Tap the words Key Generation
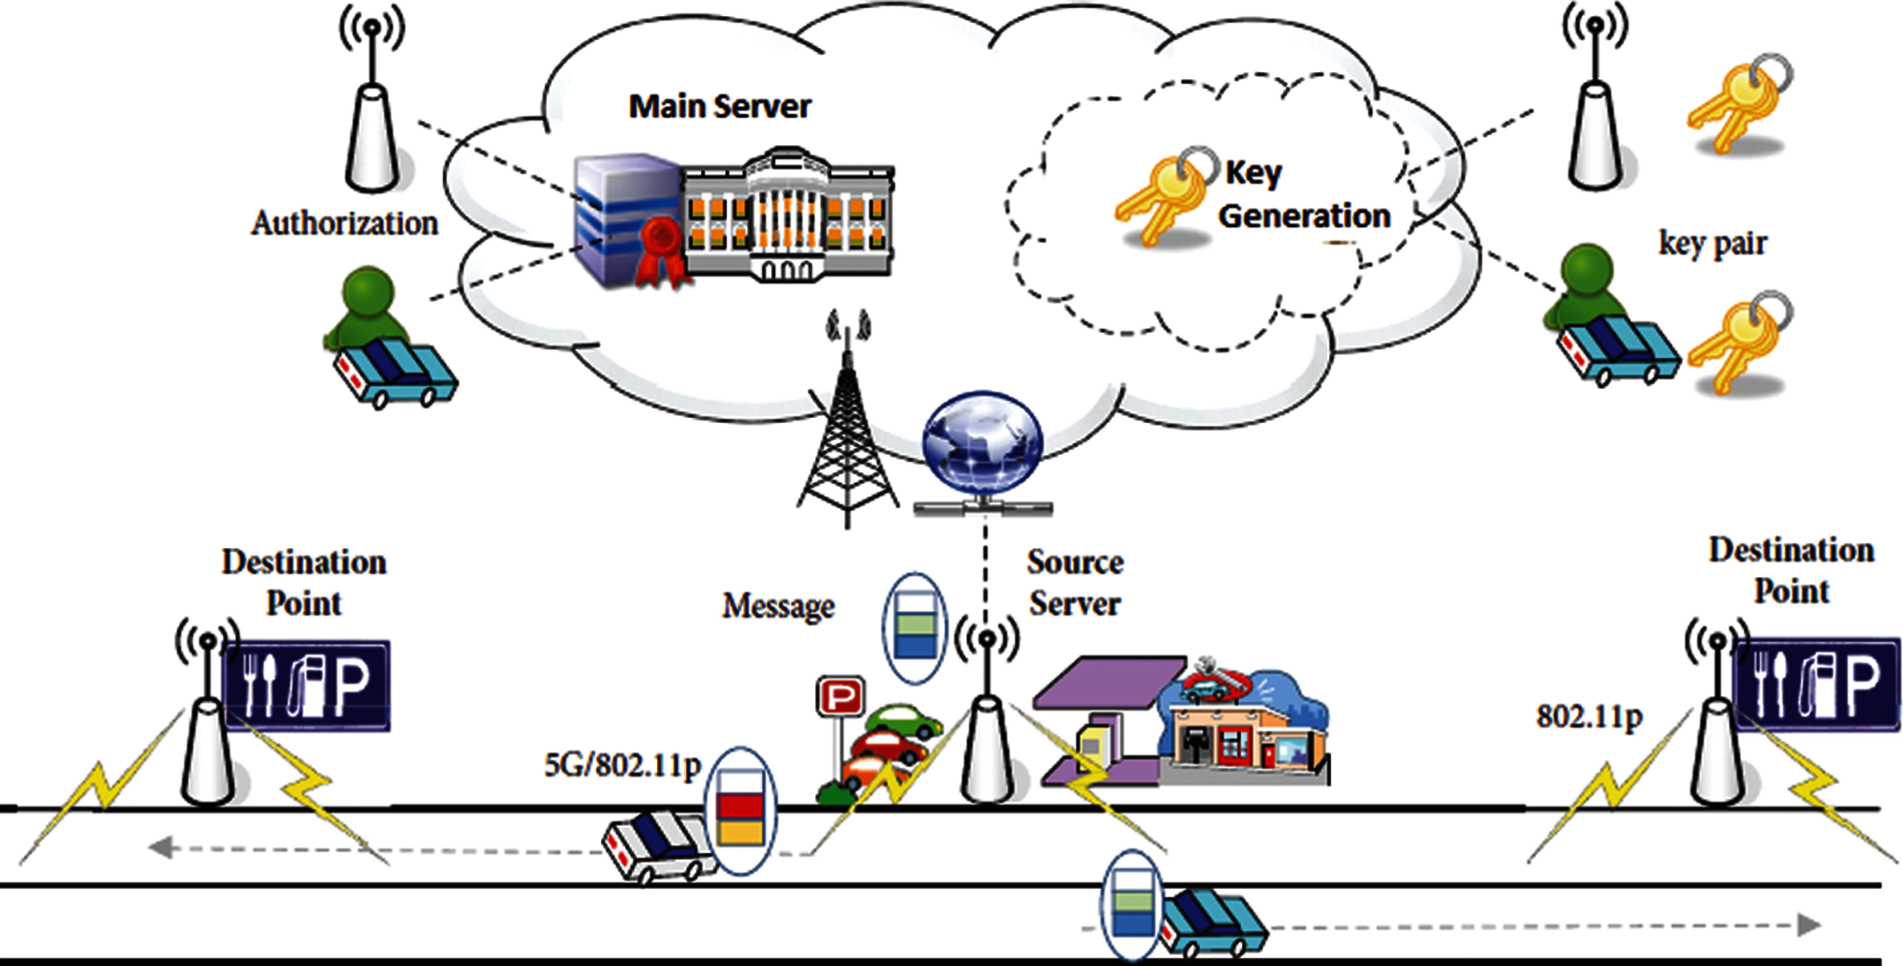[1305, 195]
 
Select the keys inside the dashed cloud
[1167, 197]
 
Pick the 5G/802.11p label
[622, 765]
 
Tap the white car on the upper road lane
[660, 848]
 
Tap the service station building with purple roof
[1181, 720]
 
